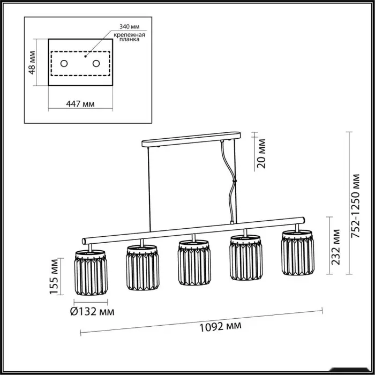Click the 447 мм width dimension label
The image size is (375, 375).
tap(80, 104)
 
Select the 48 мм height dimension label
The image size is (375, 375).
tap(32, 63)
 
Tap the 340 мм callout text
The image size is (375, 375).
tap(130, 26)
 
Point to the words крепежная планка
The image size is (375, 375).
tap(130, 37)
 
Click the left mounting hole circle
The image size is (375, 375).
tap(64, 64)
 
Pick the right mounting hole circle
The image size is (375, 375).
tap(96, 64)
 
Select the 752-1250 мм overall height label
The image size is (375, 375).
tap(355, 206)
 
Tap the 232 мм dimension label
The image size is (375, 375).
tap(335, 247)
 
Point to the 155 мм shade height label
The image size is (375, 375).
tap(54, 276)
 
